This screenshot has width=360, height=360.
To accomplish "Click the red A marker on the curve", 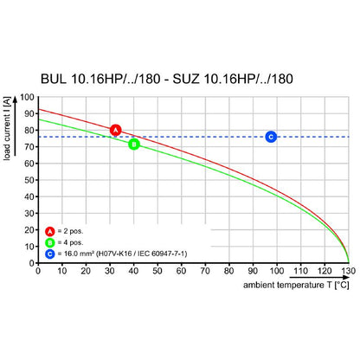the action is coord(116,130).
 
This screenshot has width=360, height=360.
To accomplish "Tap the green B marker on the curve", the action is coord(134,145).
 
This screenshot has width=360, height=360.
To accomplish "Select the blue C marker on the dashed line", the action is coord(271,137).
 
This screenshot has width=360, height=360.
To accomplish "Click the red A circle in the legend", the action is coord(50,231).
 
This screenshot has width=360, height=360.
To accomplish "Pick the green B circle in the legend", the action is coord(50,242).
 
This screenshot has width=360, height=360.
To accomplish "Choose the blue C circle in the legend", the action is coord(50,254).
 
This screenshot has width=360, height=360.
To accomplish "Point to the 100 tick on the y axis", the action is coord(27,97).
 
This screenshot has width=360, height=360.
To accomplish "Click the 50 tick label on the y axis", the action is coord(29,180).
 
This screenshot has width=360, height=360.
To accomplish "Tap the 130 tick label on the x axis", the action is coord(349,271).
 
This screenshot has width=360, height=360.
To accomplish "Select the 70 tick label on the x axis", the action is coord(205,271).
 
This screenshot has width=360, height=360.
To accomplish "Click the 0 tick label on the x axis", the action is coord(38,271).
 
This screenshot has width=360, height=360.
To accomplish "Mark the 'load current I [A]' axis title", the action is coord(7,128).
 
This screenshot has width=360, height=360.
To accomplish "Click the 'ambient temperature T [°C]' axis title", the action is coord(296,285).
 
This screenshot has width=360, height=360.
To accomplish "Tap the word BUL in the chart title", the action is coord(54,79).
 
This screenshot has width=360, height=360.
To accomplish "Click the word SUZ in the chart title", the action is coord(186,79).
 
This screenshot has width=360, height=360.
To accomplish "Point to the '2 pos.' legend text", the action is coord(74,231).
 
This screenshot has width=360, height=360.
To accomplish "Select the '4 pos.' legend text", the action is coord(74,242).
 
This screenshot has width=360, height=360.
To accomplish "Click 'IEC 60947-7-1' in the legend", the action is coord(163,254).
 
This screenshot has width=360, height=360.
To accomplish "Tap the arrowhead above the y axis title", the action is coord(15,98).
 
